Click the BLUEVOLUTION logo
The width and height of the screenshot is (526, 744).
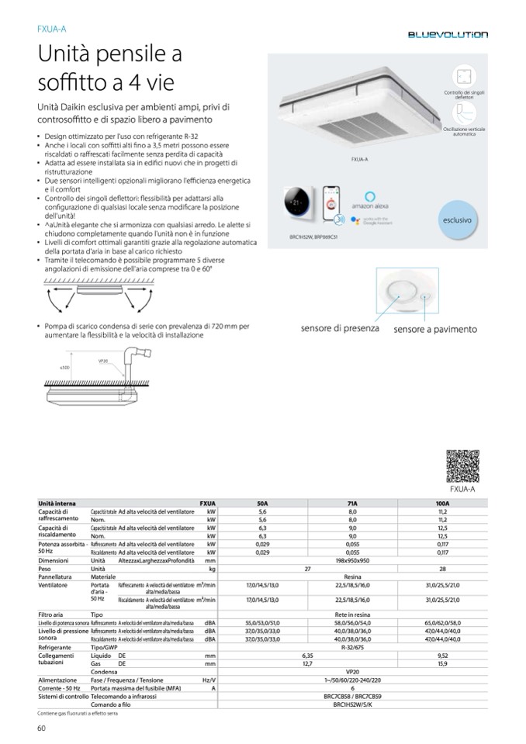coord(449,35)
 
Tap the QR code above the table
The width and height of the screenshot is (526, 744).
coord(462,466)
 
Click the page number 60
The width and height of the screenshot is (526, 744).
coord(42,727)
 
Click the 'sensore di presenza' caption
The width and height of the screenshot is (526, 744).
coord(340,328)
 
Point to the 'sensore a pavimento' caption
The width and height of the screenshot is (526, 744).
coord(434,330)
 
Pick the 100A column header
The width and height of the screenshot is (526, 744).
coord(442,503)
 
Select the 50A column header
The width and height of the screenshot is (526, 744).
coord(261,503)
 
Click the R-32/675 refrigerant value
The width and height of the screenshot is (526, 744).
coord(352,646)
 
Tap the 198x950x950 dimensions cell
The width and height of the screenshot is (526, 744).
coord(352,560)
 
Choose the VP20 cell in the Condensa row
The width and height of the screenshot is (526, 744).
coord(352,671)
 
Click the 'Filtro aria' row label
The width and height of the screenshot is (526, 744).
coord(51,614)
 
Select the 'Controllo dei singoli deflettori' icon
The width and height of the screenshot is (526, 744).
coord(465,77)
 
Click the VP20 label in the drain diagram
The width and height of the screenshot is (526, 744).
coord(102,361)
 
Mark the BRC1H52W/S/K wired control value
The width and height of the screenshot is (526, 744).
coord(352,704)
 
